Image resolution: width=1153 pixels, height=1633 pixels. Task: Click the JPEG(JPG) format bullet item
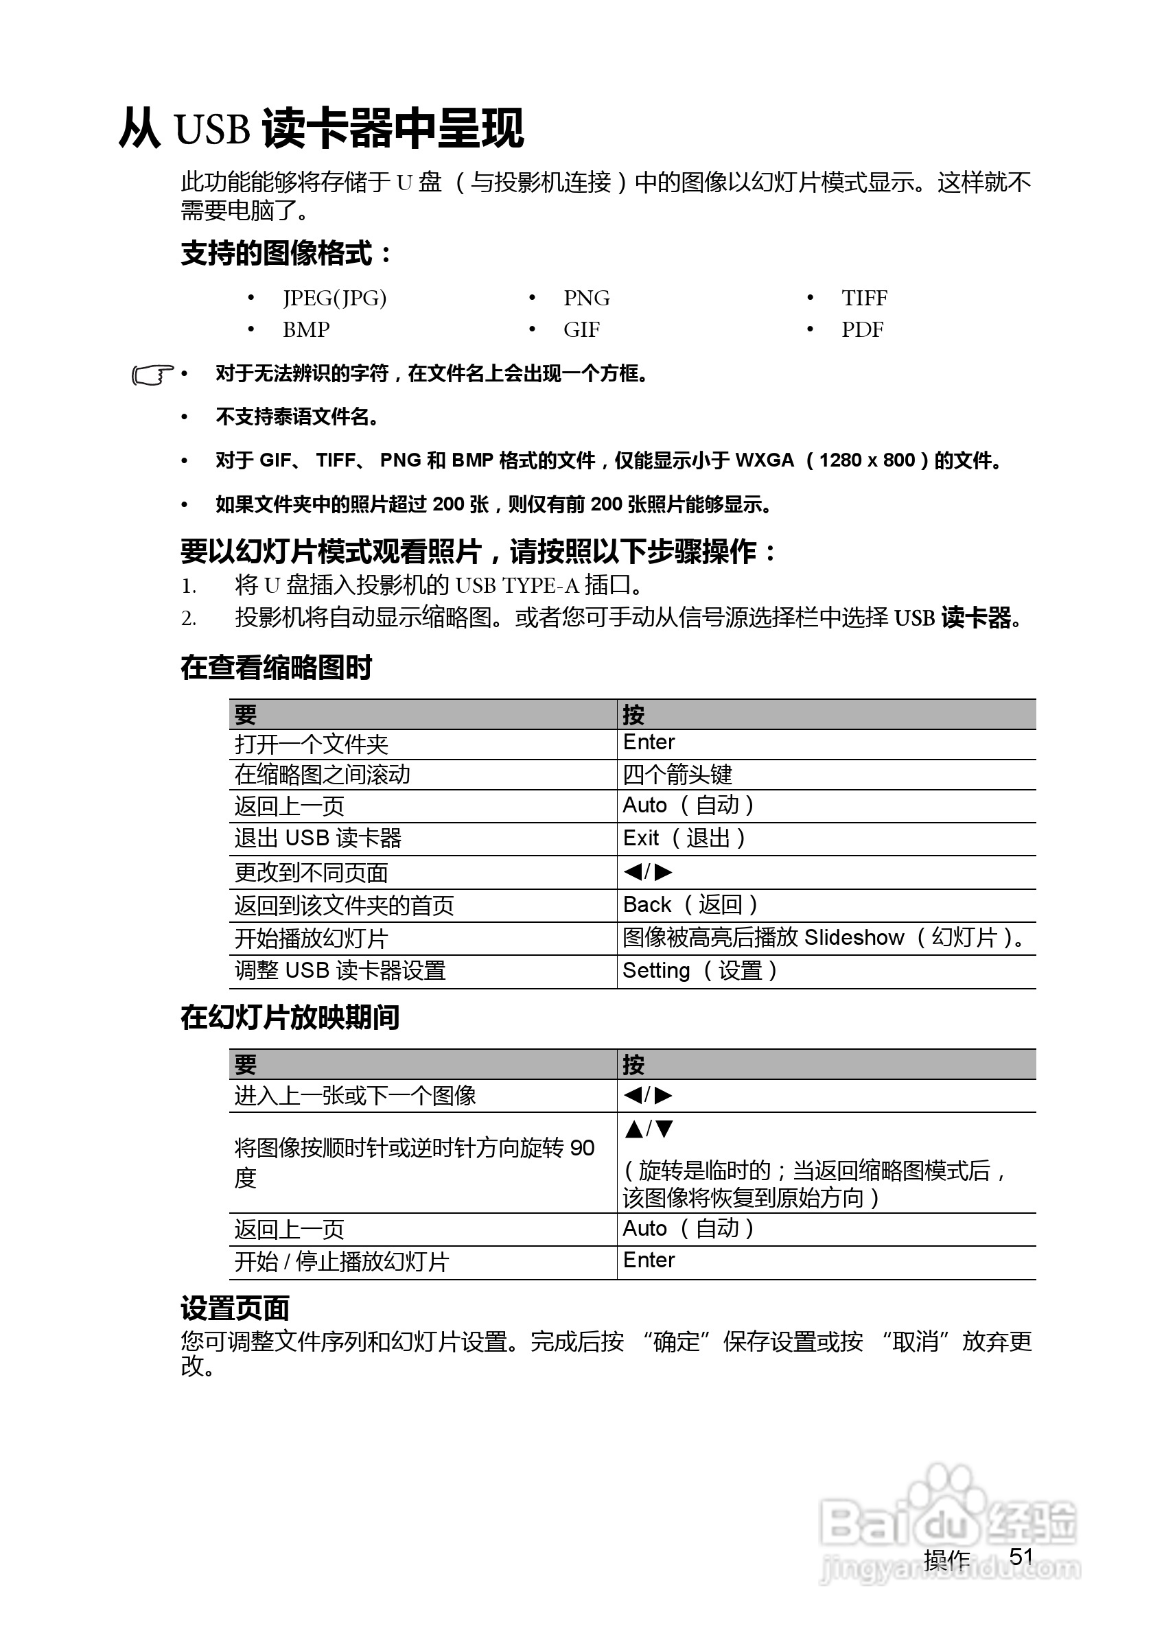tap(334, 298)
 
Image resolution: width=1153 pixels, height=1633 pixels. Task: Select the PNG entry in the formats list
tap(586, 298)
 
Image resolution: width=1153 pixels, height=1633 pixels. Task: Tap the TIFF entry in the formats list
tap(864, 298)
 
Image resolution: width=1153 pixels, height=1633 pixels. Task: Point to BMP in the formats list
tap(306, 330)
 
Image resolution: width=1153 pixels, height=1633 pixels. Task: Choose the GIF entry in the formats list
tap(581, 330)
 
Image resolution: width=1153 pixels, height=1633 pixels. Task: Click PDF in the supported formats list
tap(862, 330)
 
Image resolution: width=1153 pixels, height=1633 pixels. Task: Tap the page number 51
tap(1021, 1556)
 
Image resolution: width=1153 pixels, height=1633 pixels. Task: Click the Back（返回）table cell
tap(690, 905)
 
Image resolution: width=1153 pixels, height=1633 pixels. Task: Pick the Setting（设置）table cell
tap(700, 971)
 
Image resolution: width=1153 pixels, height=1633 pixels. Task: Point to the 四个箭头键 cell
tap(677, 775)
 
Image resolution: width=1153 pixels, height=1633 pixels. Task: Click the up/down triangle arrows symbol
tap(649, 1129)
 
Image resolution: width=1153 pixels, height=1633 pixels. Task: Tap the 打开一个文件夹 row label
tap(312, 744)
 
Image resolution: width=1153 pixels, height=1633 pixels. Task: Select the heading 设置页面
tap(235, 1308)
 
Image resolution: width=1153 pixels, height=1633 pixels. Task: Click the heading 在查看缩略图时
tap(276, 668)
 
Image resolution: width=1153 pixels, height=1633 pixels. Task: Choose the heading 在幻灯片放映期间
tap(290, 1018)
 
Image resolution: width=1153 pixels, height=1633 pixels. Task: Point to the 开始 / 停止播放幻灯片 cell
tap(341, 1262)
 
